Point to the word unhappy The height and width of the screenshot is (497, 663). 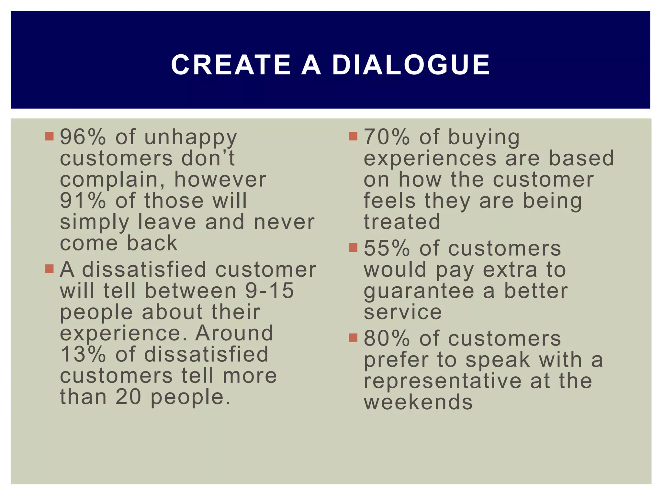(191, 138)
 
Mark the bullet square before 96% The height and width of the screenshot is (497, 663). (49, 136)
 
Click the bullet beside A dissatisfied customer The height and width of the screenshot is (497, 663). (49, 269)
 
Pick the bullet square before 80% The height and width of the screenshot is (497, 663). (353, 337)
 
